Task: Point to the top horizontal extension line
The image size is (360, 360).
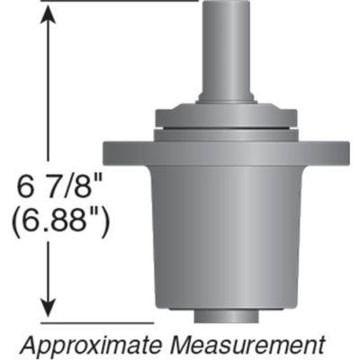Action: (117, 1)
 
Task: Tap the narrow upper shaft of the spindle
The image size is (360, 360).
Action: (225, 45)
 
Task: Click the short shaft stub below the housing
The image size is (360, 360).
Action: (227, 316)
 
